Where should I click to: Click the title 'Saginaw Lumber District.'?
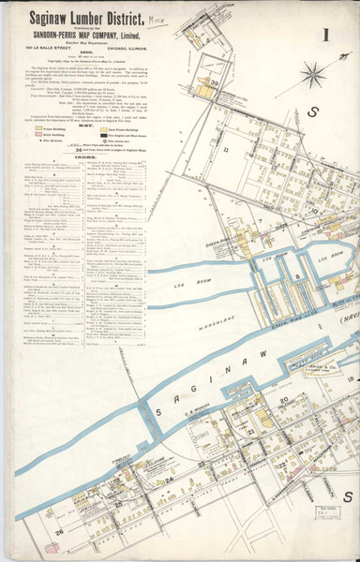[x=77, y=18]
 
